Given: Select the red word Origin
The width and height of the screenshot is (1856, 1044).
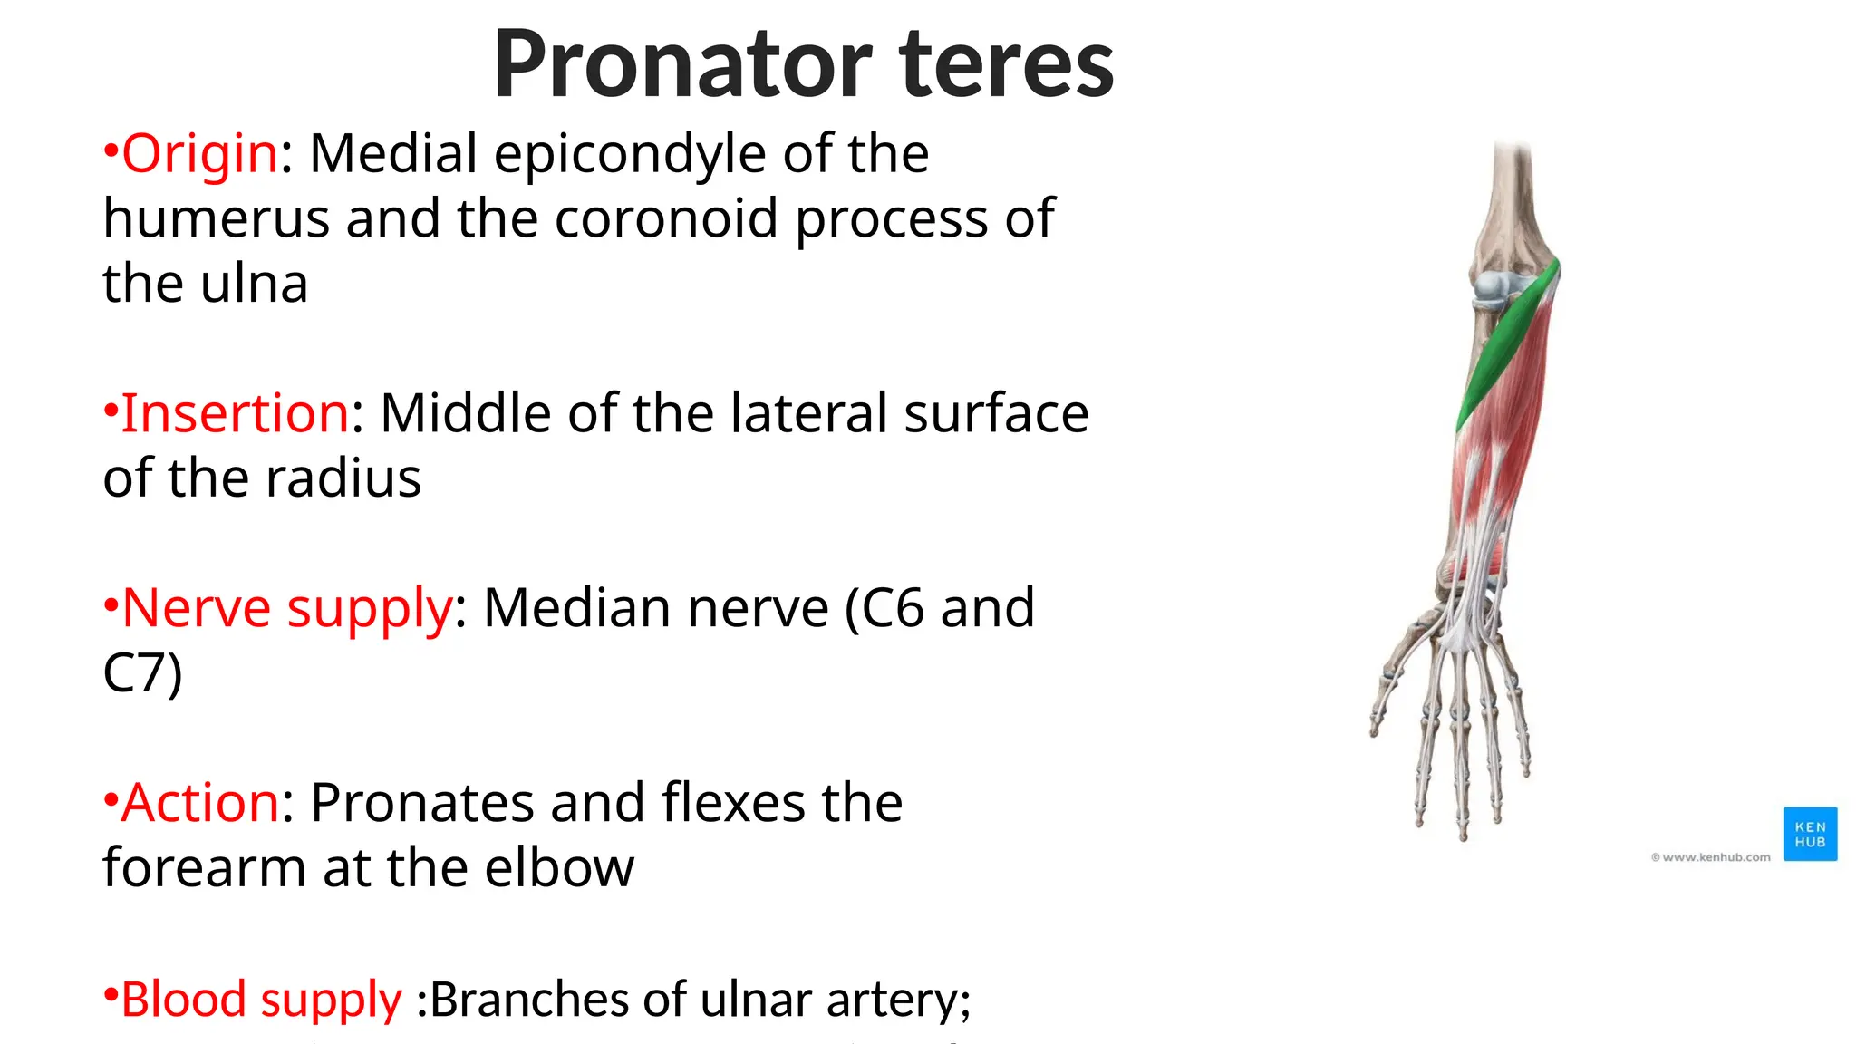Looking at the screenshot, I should [x=199, y=153].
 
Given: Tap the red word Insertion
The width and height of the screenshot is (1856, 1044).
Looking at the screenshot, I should [x=235, y=413].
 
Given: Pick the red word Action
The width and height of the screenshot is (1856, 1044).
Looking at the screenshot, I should [x=200, y=803].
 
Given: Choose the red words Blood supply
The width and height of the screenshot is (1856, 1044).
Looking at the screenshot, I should [x=261, y=1000].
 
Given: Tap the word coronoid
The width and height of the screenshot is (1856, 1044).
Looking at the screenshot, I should [x=666, y=219].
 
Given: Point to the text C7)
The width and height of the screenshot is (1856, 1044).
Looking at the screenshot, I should [x=142, y=673].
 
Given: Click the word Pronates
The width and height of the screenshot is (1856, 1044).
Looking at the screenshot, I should [x=422, y=803].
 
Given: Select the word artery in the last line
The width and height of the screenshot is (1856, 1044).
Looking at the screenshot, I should [x=898, y=1001].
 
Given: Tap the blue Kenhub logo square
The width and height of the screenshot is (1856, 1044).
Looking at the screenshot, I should [x=1810, y=834].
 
